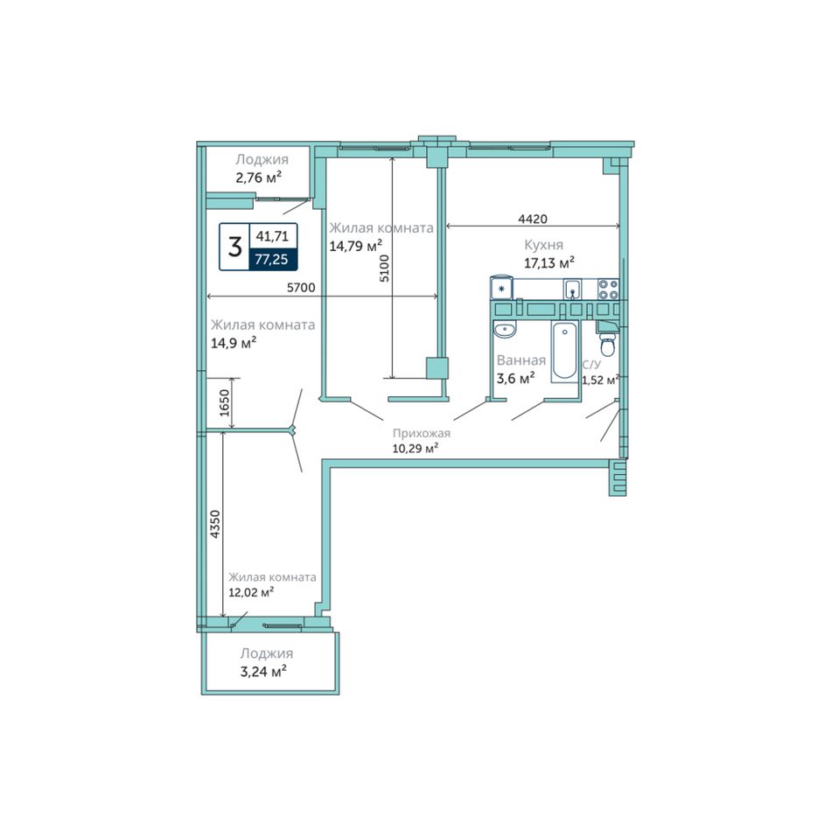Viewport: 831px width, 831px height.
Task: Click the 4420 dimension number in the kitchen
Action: (532, 219)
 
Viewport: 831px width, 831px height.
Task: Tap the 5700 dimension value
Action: (301, 288)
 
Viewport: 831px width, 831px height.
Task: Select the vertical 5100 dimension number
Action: (385, 269)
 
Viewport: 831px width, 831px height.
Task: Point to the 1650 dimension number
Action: (225, 402)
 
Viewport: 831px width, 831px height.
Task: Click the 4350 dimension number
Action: (214, 524)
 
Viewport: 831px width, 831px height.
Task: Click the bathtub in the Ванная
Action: (564, 351)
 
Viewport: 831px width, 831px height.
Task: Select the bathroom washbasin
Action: (505, 329)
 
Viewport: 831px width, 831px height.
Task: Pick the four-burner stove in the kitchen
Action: (608, 290)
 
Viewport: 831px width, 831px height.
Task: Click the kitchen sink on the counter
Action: (572, 290)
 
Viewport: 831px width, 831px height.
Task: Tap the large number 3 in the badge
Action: (234, 247)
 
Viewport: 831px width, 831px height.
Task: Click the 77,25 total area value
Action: (271, 259)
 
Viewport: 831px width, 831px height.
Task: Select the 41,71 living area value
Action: (272, 236)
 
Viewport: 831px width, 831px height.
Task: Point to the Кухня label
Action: (544, 245)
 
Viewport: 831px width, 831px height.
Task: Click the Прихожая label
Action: (422, 433)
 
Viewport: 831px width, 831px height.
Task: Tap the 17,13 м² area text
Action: (549, 262)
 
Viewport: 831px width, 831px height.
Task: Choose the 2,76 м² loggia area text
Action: (259, 178)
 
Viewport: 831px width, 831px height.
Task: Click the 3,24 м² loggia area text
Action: (263, 672)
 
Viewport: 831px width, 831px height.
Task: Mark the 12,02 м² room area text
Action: (251, 592)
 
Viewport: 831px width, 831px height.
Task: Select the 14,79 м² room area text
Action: (356, 246)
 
